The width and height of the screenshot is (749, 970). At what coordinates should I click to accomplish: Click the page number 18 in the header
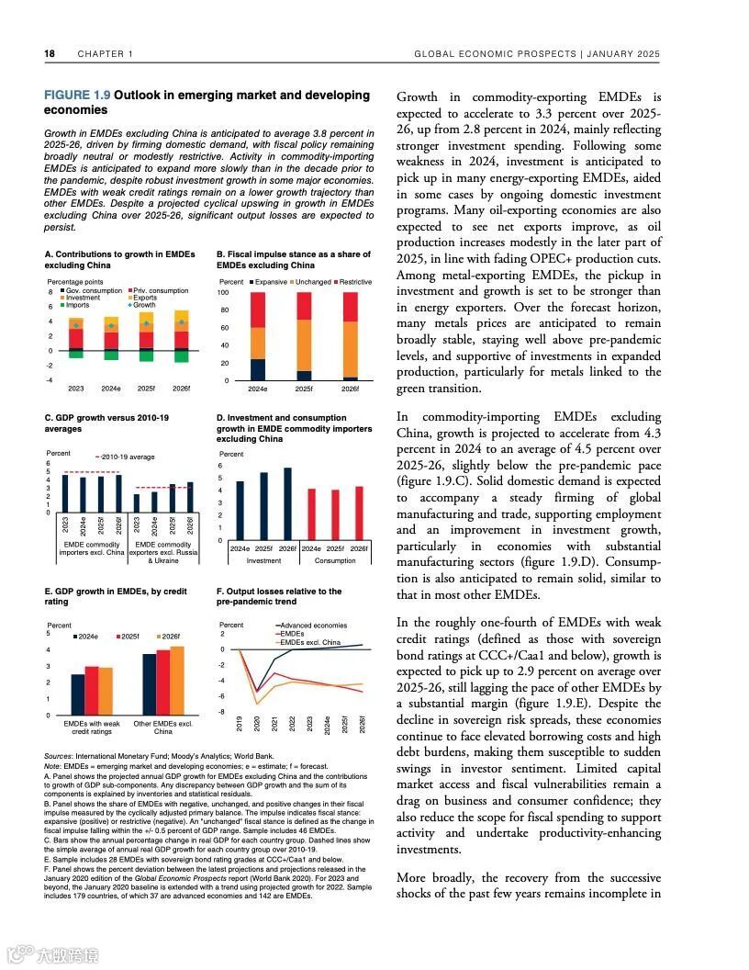coord(50,54)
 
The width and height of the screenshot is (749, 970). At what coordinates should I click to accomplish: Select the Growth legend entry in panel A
coord(143,304)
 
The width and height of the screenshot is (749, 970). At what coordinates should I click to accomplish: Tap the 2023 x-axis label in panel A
coord(76,389)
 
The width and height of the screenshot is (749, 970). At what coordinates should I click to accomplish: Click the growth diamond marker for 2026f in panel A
coord(182,322)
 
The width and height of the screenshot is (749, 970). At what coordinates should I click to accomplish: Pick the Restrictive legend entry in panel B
coord(355,282)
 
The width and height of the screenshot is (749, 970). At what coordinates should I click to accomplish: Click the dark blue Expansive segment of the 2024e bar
coord(258,369)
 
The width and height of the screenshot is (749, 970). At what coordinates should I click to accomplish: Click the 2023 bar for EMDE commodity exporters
coord(137,502)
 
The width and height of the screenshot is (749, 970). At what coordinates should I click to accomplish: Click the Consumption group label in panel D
coord(334,559)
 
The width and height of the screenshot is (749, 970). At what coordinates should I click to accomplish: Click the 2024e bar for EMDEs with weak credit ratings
coord(78,694)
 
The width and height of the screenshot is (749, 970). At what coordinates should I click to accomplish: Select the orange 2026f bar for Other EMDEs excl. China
coord(177,680)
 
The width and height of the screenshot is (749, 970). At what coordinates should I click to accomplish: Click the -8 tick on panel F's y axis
coord(224,712)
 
